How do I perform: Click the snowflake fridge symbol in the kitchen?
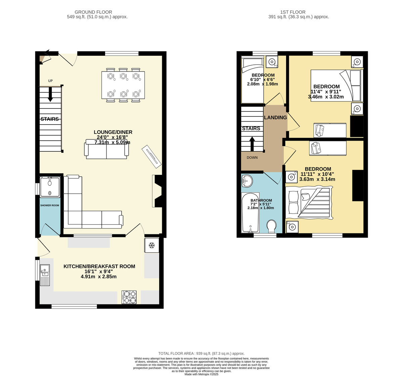(151, 245)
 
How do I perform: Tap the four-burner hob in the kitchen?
(129, 297)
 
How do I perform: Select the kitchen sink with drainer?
(45, 275)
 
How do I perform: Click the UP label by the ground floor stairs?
(50, 81)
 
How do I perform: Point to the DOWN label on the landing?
(252, 157)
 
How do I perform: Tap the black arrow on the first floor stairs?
(252, 144)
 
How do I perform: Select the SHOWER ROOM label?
(49, 205)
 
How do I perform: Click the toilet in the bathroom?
(272, 226)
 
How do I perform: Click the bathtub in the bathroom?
(251, 213)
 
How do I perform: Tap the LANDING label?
(275, 117)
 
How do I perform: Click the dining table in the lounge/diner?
(123, 85)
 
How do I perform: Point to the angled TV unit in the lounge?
(151, 157)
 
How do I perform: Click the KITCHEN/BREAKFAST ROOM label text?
(99, 267)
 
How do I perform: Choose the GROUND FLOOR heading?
(93, 12)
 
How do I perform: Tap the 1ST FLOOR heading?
(293, 12)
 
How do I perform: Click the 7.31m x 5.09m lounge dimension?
(113, 142)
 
